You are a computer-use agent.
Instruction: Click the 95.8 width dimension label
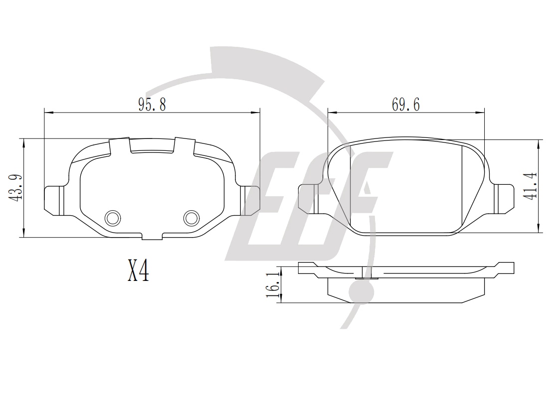point(152,105)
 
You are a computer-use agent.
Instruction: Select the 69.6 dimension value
point(406,105)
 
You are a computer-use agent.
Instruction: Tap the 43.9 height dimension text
point(16,188)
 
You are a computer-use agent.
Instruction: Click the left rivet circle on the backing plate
point(112,218)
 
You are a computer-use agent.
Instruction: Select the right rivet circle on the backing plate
point(191,218)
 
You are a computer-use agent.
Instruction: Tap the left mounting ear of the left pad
point(54,201)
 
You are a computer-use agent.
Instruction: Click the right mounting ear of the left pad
point(250,201)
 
